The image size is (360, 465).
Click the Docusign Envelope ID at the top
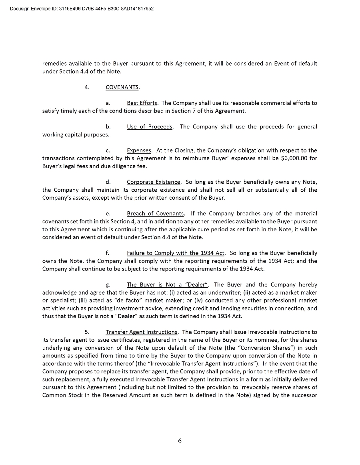tap(82, 8)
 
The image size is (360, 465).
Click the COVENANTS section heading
tap(122, 87)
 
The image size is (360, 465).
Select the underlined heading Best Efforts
tap(142, 103)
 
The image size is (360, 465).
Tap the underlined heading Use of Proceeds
tap(150, 127)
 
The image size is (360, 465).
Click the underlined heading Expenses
tap(139, 150)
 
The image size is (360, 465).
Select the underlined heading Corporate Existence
tap(154, 182)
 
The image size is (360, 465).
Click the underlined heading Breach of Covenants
tap(155, 214)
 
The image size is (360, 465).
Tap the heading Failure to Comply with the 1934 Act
tap(176, 253)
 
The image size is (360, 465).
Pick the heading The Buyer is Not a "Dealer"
tap(168, 285)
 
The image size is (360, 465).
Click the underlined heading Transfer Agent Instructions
tap(142, 332)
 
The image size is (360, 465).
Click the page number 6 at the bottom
tap(180, 441)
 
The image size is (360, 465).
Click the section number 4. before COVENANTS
tap(87, 87)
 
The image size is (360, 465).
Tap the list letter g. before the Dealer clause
tap(108, 285)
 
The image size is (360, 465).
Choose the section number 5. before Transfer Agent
tap(87, 332)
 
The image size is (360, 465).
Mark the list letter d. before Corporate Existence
tap(108, 182)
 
